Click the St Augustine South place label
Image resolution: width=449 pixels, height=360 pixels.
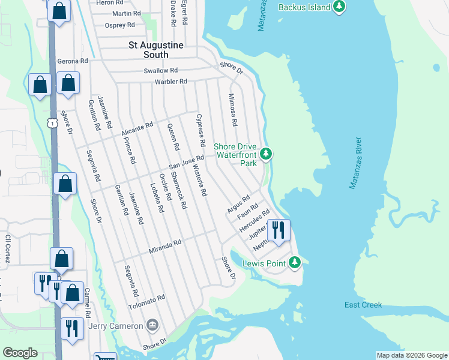(157, 50)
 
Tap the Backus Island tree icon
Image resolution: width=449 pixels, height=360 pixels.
(340, 7)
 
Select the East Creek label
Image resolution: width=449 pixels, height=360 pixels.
(363, 305)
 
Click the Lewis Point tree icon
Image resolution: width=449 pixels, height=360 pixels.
(294, 263)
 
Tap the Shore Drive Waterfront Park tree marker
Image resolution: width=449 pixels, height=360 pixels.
(266, 154)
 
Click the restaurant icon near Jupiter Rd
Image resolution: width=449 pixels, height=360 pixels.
(278, 230)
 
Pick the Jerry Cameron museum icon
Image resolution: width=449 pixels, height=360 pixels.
(153, 326)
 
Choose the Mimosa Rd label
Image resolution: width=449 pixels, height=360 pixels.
(232, 109)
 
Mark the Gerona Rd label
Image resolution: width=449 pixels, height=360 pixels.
(72, 61)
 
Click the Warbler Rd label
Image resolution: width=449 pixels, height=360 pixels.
(171, 81)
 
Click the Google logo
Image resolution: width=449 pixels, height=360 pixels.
(20, 353)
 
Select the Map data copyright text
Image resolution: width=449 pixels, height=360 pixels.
(411, 355)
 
